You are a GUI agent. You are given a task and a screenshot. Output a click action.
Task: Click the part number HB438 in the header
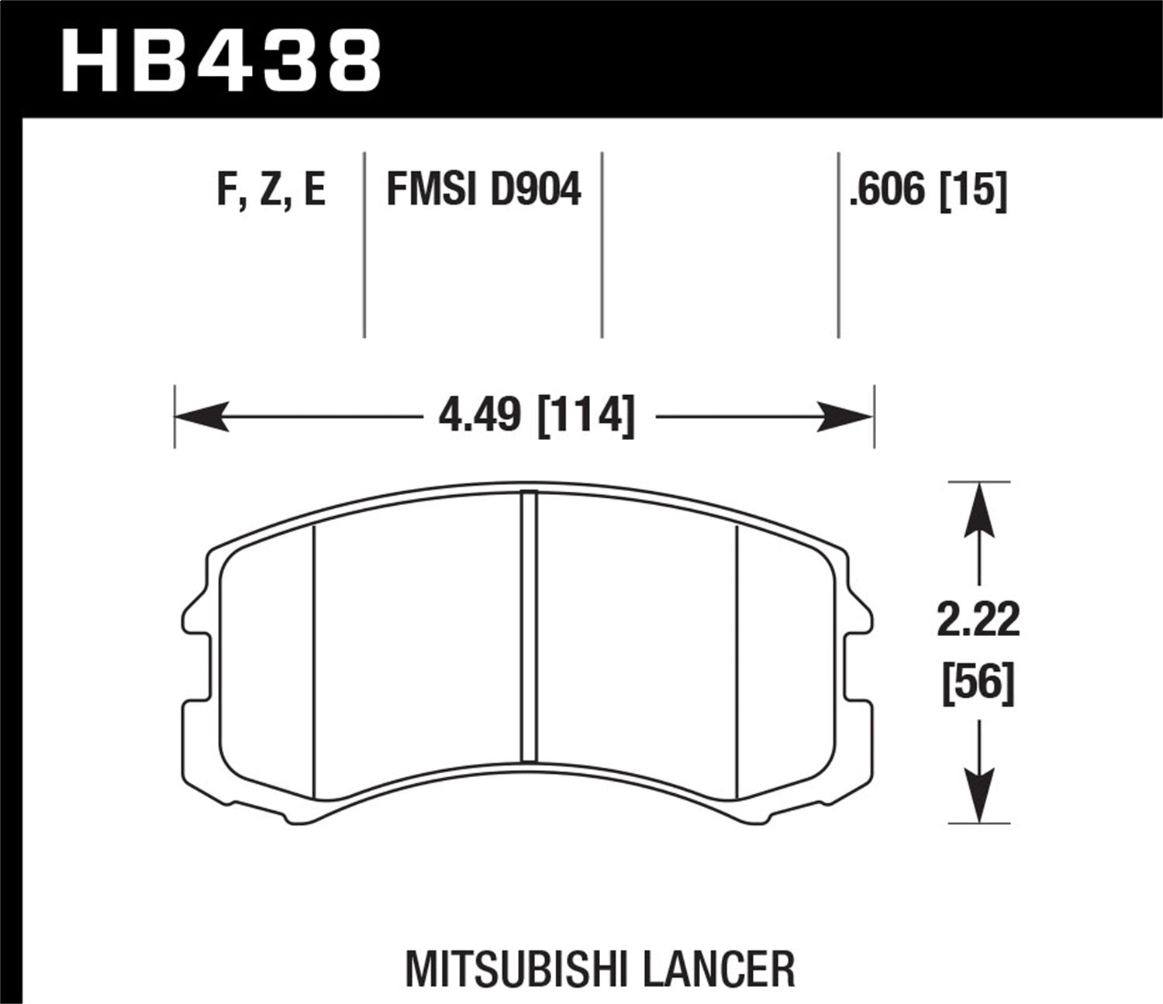coord(221,60)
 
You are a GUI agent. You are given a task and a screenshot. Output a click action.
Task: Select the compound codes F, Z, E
coord(271,190)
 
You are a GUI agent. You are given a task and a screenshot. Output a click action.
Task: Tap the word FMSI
coord(430,190)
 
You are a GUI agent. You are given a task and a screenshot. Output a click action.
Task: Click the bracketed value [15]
coord(973,190)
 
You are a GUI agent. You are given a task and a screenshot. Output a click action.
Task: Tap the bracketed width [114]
coord(586,417)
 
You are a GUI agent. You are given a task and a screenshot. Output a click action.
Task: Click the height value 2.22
coord(978,621)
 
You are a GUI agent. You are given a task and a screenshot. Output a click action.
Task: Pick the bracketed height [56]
coord(978,684)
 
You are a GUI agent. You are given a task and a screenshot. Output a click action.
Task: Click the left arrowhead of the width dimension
coord(198,417)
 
